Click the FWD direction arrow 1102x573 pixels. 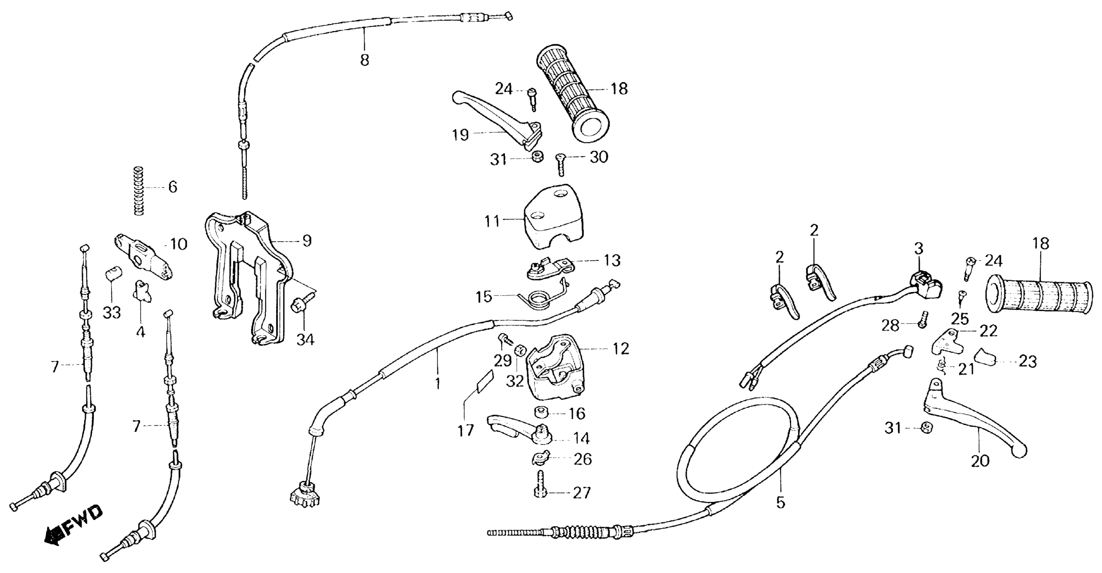click(x=73, y=529)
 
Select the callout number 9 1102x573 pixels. click(x=307, y=241)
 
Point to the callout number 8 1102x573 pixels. click(x=364, y=60)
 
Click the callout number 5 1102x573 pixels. click(x=781, y=503)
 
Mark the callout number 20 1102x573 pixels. click(x=980, y=461)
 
